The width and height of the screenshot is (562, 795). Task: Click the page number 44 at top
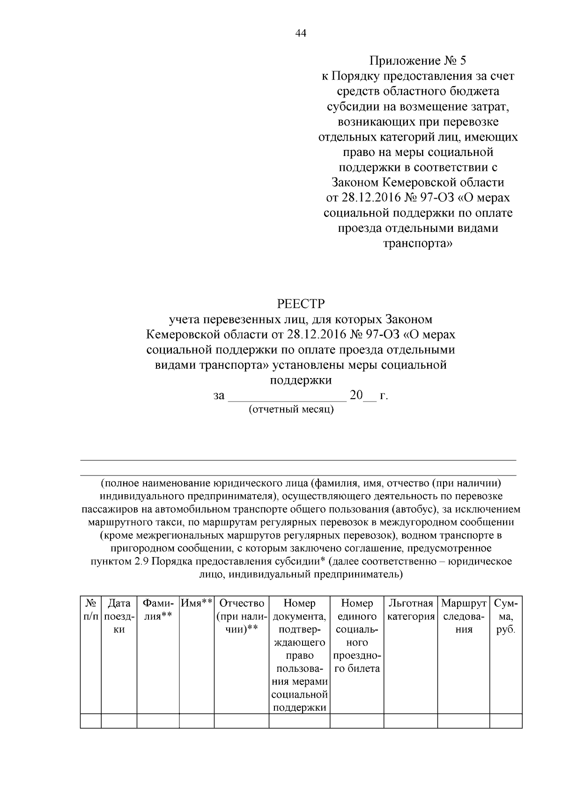pos(301,34)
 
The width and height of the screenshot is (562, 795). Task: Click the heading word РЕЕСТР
pos(301,304)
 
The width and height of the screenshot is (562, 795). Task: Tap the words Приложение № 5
pos(418,61)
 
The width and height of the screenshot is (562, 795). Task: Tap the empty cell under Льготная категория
pos(411,721)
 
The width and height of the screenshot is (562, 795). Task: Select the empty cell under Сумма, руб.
pos(506,721)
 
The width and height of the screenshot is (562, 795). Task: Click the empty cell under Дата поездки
pos(119,721)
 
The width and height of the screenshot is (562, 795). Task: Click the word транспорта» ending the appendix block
pos(418,244)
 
